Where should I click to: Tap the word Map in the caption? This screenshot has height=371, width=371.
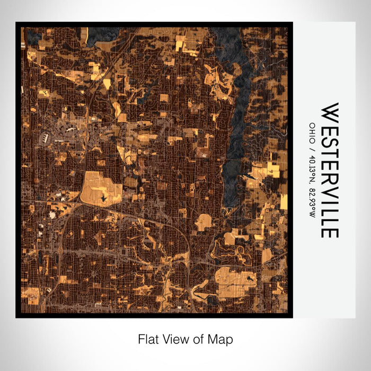click(223, 339)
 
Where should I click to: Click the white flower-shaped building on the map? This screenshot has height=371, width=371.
click(52, 215)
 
